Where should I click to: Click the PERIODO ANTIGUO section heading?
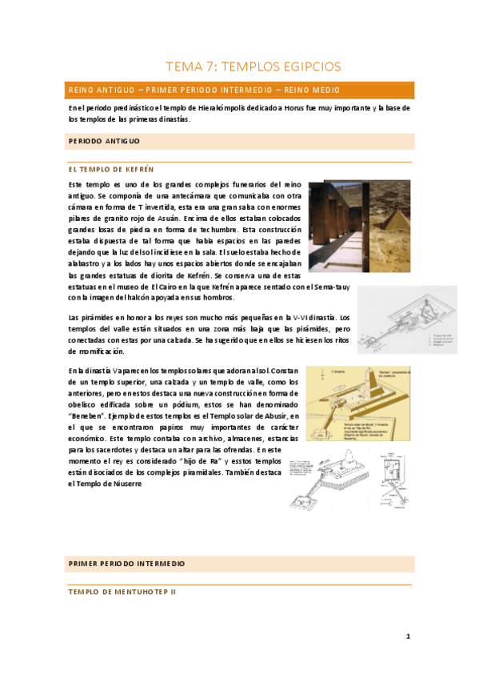coord(104,141)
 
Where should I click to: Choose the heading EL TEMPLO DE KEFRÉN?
coord(110,170)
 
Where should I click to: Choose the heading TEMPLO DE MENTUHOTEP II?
coord(122,593)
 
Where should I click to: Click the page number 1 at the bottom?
coord(408,637)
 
